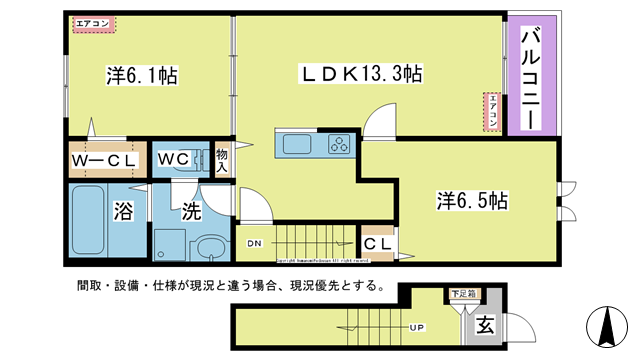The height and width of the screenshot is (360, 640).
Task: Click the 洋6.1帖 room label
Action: (142, 75)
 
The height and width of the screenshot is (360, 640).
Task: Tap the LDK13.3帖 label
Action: (361, 74)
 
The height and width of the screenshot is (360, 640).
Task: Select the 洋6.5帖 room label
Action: (472, 200)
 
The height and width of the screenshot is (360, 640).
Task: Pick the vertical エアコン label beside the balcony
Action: (492, 112)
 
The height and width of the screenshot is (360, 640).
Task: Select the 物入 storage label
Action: (222, 160)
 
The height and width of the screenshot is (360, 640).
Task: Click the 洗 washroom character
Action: (191, 211)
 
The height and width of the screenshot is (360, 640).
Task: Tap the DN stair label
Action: (254, 242)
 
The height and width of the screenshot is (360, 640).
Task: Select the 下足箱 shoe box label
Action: (461, 294)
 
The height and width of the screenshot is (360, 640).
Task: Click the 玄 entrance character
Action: (484, 324)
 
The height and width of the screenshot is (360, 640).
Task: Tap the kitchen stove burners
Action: (338, 144)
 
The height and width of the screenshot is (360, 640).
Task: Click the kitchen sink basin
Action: (299, 144)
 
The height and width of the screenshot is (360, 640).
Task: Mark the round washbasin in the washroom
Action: (211, 247)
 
